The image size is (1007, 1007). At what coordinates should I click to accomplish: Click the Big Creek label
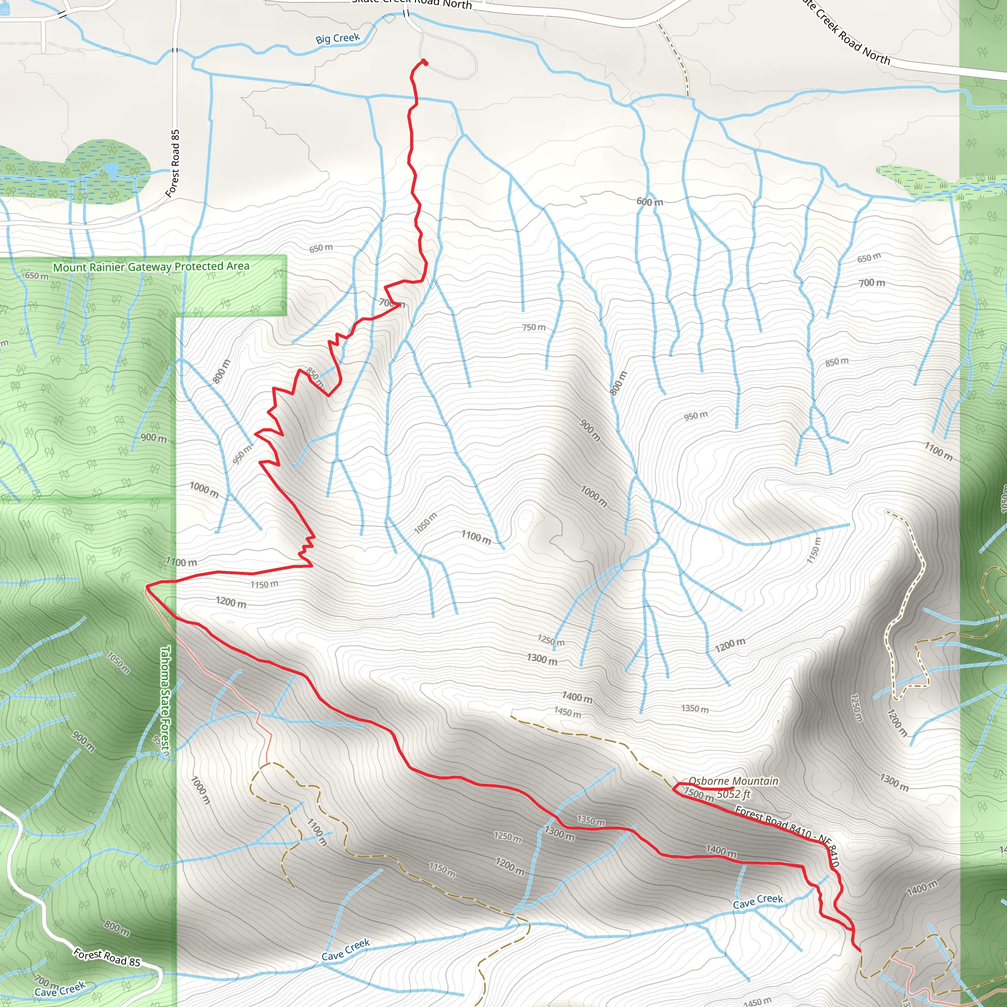tap(337, 38)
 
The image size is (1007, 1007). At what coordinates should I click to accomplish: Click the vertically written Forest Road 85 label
tap(173, 163)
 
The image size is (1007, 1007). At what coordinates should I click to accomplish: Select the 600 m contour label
tap(650, 202)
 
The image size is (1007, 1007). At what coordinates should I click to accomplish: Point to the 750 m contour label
tap(533, 327)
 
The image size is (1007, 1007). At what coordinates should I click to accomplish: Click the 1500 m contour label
tap(698, 795)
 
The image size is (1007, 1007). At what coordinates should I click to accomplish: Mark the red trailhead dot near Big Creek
tap(425, 62)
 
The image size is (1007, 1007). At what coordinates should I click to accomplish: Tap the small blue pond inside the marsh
tap(112, 168)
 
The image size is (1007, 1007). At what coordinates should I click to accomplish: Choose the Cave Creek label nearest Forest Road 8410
tap(758, 901)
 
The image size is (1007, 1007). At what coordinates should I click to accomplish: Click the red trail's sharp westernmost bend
tap(147, 587)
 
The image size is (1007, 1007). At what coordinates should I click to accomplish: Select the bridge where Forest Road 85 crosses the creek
tap(175, 50)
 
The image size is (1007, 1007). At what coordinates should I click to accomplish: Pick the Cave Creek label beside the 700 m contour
tap(59, 989)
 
